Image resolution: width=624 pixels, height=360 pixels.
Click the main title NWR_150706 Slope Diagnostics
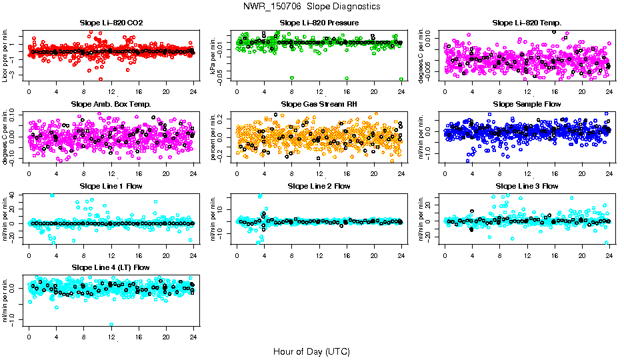[312, 6]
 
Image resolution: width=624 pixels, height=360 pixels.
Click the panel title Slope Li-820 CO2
[111, 23]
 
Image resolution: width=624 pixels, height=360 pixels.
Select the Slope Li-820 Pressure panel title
[319, 23]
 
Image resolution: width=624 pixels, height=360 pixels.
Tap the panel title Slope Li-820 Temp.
[527, 23]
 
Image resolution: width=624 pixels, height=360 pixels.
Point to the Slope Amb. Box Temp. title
[111, 105]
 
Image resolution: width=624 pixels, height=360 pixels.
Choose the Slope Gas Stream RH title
[319, 105]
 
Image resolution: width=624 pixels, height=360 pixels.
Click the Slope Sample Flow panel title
[527, 105]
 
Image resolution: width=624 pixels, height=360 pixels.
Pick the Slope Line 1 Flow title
[111, 186]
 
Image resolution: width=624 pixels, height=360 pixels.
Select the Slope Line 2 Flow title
[319, 186]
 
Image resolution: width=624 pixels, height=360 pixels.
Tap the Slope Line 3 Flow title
[527, 186]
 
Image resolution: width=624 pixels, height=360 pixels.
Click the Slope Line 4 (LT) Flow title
[111, 267]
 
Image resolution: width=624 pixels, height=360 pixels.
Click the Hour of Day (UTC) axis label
[311, 351]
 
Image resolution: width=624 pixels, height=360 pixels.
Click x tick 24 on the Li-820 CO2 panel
[194, 91]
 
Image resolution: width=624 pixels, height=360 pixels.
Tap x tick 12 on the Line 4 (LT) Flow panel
[111, 335]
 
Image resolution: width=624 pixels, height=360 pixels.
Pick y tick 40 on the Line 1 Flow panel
[20, 195]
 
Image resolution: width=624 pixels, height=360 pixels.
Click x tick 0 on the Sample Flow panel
[445, 173]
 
